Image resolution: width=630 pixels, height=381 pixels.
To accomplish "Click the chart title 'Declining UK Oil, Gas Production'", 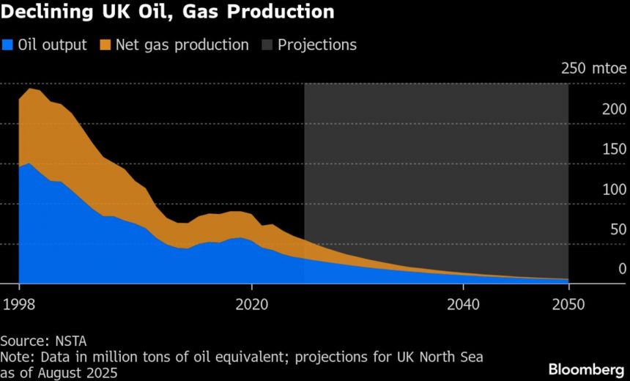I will tap(168, 12).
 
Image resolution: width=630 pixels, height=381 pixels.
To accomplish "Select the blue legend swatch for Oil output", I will tap(7, 45).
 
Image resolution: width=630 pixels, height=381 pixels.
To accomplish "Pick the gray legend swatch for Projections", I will tap(267, 45).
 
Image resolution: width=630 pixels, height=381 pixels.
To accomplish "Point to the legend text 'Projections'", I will tap(317, 45).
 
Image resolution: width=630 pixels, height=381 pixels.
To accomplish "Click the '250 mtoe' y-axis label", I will tap(593, 70).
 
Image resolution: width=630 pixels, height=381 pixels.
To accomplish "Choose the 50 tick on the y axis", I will tap(618, 229).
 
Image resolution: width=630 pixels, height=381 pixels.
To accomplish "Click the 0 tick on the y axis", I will tap(622, 269).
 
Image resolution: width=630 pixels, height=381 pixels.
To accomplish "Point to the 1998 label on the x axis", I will tap(18, 305).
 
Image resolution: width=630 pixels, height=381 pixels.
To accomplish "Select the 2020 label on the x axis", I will tap(251, 305).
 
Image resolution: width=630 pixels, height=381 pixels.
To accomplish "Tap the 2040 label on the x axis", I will tap(463, 305).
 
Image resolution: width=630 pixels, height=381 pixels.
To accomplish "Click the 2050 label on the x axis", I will tap(568, 305).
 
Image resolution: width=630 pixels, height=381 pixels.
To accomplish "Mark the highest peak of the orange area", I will tap(30, 89).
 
